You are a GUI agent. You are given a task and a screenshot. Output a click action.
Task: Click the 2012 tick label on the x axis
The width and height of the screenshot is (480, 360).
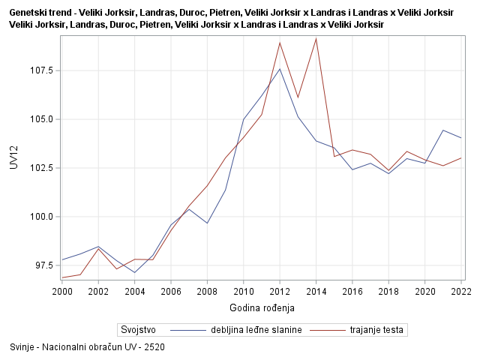tap(280, 291)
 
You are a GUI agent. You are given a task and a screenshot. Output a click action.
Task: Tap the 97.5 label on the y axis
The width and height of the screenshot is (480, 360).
tap(44, 265)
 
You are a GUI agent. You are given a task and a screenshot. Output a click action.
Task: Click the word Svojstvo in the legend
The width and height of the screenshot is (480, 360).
tap(138, 329)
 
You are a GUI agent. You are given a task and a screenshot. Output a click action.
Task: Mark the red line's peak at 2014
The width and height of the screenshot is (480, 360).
tap(316, 38)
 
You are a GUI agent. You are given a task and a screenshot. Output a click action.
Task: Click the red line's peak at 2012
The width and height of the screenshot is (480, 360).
tap(280, 42)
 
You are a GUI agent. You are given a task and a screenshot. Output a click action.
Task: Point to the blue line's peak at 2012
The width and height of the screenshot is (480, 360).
tap(280, 69)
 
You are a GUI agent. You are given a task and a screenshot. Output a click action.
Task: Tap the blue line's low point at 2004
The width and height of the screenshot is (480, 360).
tap(134, 273)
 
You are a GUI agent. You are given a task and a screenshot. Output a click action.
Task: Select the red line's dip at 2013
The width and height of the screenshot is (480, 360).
tap(298, 97)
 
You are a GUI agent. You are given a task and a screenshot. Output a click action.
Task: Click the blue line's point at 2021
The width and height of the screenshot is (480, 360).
tap(443, 130)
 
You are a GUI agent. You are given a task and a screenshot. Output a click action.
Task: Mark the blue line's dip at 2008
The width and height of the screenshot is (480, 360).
tap(207, 223)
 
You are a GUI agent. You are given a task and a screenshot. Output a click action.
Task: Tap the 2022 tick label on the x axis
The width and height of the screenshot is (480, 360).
tap(460, 291)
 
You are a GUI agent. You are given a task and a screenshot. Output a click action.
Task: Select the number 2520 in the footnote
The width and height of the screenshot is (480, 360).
tap(154, 347)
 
